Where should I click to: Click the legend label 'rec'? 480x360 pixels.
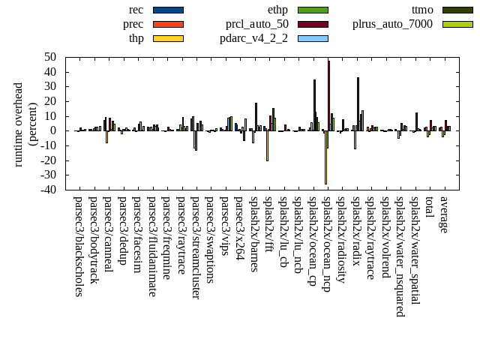coord(136,10)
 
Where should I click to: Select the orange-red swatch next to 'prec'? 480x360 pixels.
coord(168,24)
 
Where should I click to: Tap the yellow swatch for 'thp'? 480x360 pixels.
coord(168,38)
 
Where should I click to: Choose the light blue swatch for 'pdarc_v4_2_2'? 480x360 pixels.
coord(312,38)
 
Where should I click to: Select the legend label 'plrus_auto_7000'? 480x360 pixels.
coord(392,24)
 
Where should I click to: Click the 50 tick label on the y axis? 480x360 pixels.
coord(51,57)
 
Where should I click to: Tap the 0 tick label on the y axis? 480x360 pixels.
coord(55,130)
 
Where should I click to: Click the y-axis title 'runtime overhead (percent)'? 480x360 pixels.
coord(25,124)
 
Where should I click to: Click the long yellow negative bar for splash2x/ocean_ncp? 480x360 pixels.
coord(325,157)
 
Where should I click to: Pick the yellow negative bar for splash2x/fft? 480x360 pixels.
coord(267,145)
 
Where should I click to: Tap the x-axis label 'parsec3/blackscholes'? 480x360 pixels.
coord(79,246)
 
